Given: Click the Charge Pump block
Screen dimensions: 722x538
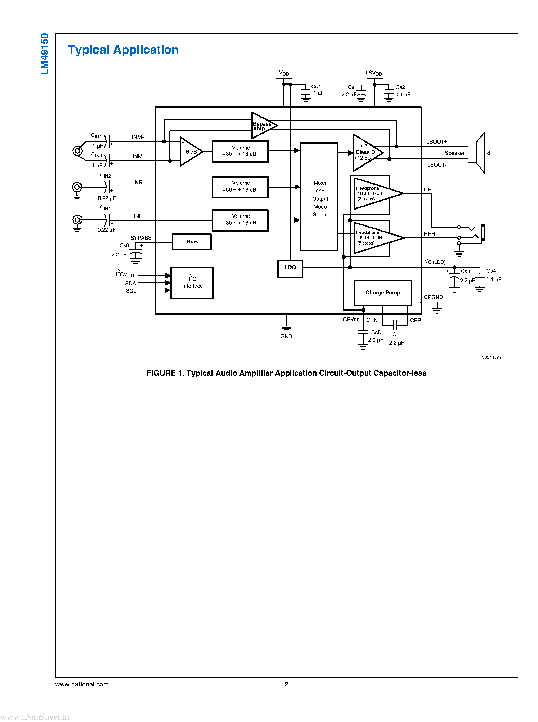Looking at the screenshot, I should point(382,293).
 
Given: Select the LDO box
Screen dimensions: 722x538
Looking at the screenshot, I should point(290,269).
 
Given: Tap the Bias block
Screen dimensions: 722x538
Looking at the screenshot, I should point(192,242).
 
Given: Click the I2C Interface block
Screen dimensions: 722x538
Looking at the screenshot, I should point(192,282).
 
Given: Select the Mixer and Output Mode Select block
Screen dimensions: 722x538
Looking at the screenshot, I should point(319,197).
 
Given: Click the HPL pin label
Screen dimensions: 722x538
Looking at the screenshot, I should point(429,189).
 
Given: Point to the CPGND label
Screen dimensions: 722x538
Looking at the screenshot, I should point(433,297).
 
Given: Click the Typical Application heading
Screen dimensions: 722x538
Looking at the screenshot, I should point(123,50).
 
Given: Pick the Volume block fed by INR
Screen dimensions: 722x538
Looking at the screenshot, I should point(240,187).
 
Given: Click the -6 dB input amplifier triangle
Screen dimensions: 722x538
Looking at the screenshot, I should point(189,152).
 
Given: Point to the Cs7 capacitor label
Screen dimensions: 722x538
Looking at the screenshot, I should point(315,86).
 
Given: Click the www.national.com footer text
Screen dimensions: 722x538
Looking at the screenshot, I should point(82,684).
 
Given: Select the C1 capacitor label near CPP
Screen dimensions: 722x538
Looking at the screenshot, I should point(395,334).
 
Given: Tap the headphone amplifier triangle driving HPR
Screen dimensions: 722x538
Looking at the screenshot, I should point(374,238).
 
